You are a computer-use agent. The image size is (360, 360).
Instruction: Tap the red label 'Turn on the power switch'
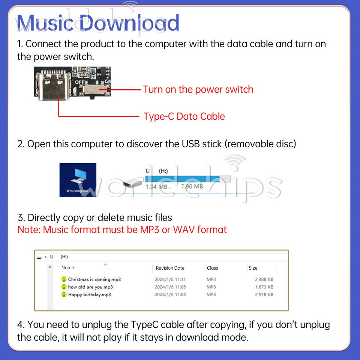click(x=198, y=90)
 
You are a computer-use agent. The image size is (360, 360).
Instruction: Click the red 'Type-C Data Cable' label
click(x=184, y=116)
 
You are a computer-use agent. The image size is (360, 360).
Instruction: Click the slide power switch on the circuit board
click(x=94, y=90)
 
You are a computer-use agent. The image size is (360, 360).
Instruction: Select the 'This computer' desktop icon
click(x=78, y=180)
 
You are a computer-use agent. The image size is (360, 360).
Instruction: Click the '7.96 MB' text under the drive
click(x=192, y=186)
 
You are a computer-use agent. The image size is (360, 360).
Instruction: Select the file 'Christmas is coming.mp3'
click(x=94, y=279)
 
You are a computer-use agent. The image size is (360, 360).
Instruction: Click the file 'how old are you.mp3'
click(x=90, y=287)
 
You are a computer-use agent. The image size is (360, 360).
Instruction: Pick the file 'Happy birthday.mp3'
click(x=89, y=294)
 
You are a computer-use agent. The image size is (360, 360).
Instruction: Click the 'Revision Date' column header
click(x=170, y=268)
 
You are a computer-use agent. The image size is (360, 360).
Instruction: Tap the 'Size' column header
click(x=253, y=268)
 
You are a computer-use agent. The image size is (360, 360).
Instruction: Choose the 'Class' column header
click(x=212, y=268)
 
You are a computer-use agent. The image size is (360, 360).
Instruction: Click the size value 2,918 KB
click(x=264, y=294)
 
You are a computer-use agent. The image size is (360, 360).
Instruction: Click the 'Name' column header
click(x=67, y=268)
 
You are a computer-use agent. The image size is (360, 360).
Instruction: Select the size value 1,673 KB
click(x=264, y=287)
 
